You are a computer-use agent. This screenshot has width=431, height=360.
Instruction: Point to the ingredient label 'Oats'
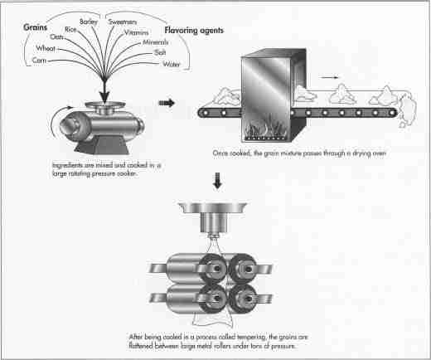pyautogui.click(x=57, y=37)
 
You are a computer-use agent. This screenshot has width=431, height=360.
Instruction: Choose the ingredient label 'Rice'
pyautogui.click(x=70, y=29)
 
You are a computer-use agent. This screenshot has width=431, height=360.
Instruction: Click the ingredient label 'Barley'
pyautogui.click(x=90, y=20)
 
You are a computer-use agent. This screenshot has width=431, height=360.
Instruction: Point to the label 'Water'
pyautogui.click(x=172, y=64)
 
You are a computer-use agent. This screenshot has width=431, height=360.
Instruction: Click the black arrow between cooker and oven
pyautogui.click(x=167, y=105)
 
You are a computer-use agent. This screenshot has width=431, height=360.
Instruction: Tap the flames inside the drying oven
pyautogui.click(x=266, y=129)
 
